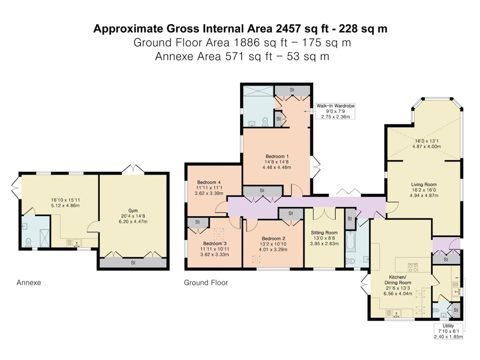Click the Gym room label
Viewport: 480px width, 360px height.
(x=133, y=211)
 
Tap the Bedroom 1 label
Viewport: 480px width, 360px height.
(x=277, y=156)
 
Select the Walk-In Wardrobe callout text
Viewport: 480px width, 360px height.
(x=335, y=106)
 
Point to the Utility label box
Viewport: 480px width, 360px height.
(x=448, y=331)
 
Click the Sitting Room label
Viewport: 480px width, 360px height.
(x=324, y=232)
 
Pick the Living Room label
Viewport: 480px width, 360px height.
(x=423, y=184)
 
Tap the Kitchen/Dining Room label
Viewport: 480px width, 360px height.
(x=398, y=280)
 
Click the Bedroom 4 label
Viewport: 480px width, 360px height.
(x=208, y=182)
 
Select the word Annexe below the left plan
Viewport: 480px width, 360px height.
(x=29, y=283)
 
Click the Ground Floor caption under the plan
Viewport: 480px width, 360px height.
(x=206, y=283)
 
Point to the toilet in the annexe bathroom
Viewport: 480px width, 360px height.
(x=28, y=242)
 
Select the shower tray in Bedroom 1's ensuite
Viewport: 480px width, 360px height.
(x=258, y=91)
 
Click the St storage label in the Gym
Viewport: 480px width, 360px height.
(x=133, y=263)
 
